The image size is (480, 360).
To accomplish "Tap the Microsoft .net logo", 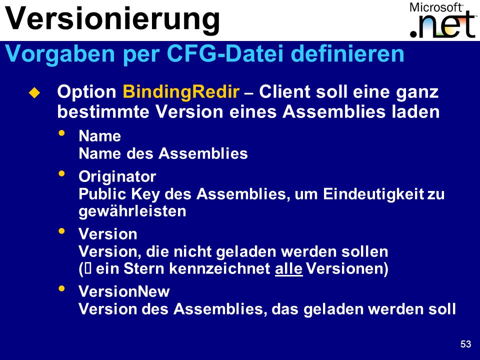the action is (x=443, y=20).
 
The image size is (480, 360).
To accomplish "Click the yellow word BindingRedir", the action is (x=181, y=92).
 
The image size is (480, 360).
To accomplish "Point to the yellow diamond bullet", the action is (x=34, y=92).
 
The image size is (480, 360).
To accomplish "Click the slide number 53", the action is (x=465, y=344).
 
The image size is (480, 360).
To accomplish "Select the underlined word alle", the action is (x=288, y=269).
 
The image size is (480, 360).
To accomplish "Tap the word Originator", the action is (x=117, y=176).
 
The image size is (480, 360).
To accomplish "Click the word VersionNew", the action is (x=124, y=291).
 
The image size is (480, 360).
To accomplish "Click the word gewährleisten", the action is (x=132, y=211).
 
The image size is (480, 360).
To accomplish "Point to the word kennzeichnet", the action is (x=219, y=269).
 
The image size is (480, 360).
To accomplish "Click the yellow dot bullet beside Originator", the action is (x=62, y=173).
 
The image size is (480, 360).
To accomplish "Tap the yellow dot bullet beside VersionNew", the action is (x=62, y=288).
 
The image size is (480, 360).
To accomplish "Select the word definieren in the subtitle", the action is (x=347, y=53).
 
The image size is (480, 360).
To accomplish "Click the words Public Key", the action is (x=119, y=194).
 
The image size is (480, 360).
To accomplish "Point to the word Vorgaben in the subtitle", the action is (x=60, y=54).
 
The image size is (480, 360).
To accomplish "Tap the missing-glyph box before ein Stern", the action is (x=88, y=269).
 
